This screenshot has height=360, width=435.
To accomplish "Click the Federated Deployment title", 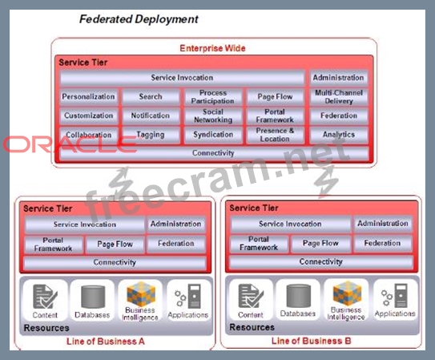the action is (x=139, y=19).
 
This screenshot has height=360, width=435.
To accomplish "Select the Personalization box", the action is (x=88, y=96).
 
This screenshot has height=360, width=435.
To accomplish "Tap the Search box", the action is (x=151, y=96).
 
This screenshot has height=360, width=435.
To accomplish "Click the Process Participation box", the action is (x=213, y=96).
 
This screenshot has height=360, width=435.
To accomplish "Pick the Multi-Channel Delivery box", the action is (x=339, y=96).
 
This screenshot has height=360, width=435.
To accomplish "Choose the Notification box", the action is (x=151, y=115).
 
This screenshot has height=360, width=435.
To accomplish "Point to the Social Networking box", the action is (x=213, y=115).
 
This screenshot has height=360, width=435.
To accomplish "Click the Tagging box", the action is (x=151, y=135).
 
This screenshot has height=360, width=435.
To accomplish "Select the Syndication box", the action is (x=213, y=135).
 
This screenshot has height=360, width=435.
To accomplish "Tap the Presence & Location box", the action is (x=275, y=135).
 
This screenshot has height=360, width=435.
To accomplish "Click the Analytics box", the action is (x=339, y=135).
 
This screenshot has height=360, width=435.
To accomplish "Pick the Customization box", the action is (x=88, y=115).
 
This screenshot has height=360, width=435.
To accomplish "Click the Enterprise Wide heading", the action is (x=212, y=48).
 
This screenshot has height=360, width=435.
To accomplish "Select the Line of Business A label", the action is (x=106, y=342).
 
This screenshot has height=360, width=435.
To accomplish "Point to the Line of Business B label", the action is (x=312, y=341).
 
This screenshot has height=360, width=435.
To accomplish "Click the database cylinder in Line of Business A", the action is (x=93, y=297).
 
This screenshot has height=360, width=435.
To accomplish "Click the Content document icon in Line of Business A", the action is (x=45, y=297).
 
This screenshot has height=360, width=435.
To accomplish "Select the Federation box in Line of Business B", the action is (x=382, y=243).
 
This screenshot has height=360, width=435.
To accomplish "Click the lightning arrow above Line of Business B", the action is (x=326, y=181).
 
